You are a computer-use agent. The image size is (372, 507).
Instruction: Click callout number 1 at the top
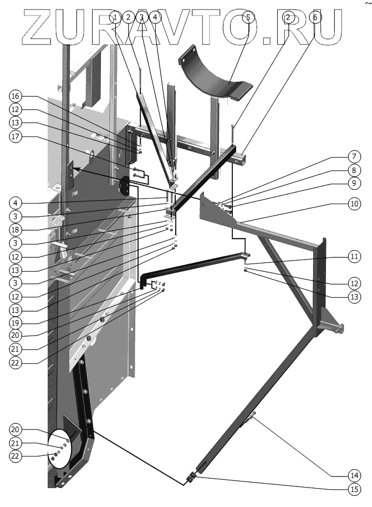click(x=115, y=17)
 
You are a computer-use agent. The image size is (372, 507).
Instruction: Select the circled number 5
click(x=248, y=17)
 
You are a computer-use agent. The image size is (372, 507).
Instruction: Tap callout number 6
click(x=315, y=17)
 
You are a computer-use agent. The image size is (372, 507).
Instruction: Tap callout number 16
click(x=16, y=96)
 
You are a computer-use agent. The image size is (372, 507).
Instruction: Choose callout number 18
click(x=16, y=228)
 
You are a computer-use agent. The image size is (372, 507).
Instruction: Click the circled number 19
click(x=16, y=322)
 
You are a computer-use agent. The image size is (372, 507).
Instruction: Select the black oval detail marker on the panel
click(x=124, y=185)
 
